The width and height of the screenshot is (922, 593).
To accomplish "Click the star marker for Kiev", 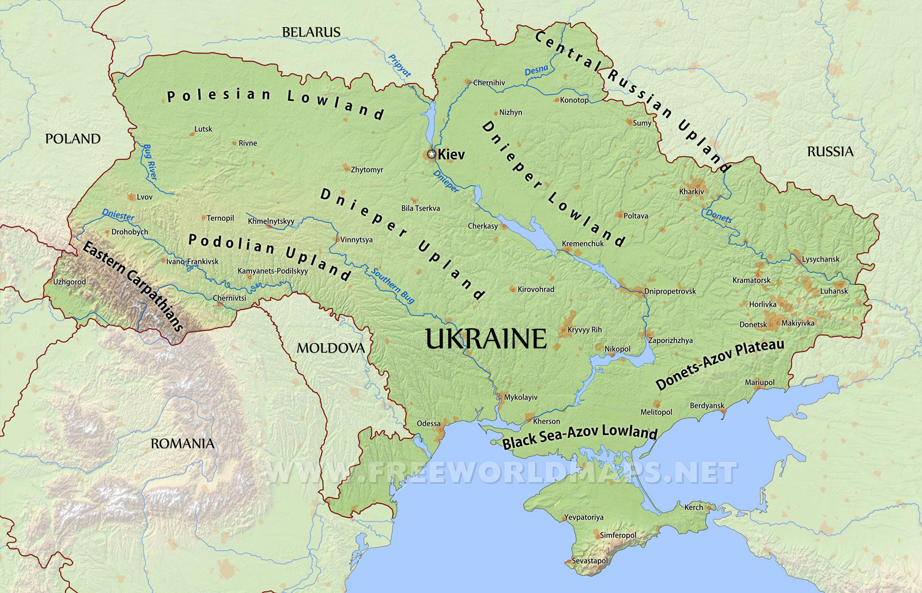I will (432, 154).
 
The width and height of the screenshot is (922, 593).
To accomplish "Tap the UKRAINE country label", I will (486, 339).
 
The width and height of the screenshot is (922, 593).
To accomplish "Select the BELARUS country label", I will (311, 32).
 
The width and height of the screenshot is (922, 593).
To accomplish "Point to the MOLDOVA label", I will (331, 348).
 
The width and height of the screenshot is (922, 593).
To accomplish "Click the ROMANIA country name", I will (182, 444).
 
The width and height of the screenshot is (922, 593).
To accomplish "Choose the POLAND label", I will (73, 139).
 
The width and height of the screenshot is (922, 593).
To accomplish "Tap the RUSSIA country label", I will (830, 152).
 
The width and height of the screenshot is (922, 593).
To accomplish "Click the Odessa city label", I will (429, 423).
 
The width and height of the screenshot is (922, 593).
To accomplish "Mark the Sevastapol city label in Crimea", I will (589, 561).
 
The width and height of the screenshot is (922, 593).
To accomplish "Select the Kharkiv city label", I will (691, 191).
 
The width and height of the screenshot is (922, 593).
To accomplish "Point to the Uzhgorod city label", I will (69, 282).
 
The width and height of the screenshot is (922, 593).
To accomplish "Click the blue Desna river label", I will (536, 71).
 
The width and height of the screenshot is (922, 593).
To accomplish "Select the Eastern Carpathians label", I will (133, 286).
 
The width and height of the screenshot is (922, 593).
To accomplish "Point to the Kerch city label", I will (694, 507).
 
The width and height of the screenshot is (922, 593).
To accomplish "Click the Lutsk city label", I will (203, 129).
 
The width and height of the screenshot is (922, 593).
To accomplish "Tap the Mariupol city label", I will (759, 382).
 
